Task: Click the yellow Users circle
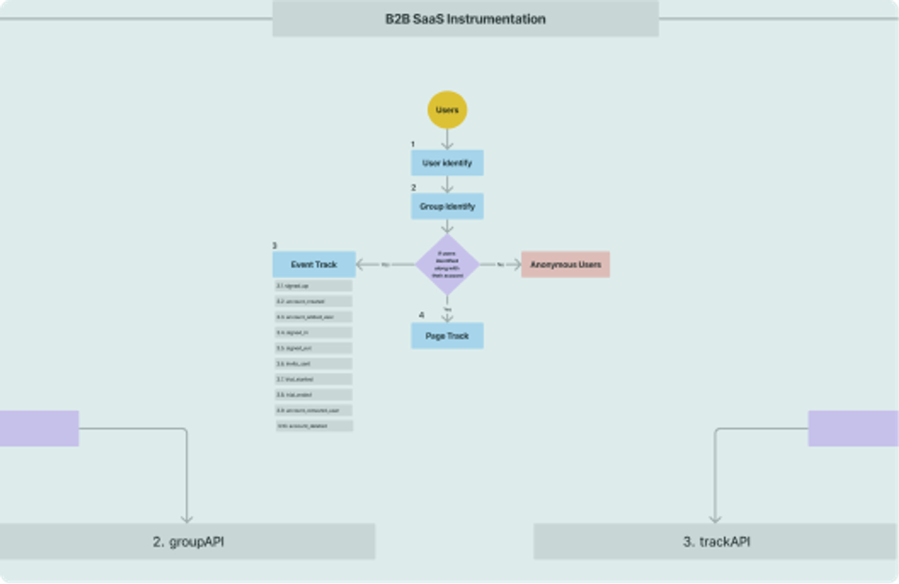pos(447,110)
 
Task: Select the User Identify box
pos(447,163)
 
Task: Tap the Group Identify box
pos(447,206)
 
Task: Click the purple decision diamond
pos(447,264)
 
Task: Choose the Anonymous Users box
pos(565,264)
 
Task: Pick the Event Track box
pos(314,264)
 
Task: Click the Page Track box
pos(447,336)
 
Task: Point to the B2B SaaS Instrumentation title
pos(465,19)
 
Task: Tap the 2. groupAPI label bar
pos(188,542)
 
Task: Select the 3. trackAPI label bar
pos(716,542)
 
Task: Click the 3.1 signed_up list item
pos(314,286)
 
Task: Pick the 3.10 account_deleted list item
pos(314,426)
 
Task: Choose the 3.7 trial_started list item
pos(314,379)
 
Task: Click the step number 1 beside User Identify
pos(413,144)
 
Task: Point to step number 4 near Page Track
pos(421,315)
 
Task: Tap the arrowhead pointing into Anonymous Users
pos(517,264)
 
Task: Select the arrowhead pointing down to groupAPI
pos(187,519)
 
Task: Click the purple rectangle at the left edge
pos(39,428)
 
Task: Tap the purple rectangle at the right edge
pos(853,428)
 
